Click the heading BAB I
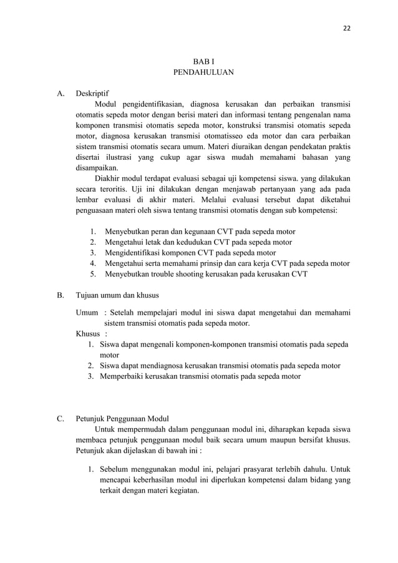tap(203, 61)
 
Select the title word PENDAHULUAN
tap(203, 72)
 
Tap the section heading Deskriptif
tap(92, 94)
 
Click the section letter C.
tap(61, 418)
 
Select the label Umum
tap(87, 313)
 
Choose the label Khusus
tap(88, 334)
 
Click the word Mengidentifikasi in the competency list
tap(136, 252)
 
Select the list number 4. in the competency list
tap(93, 263)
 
